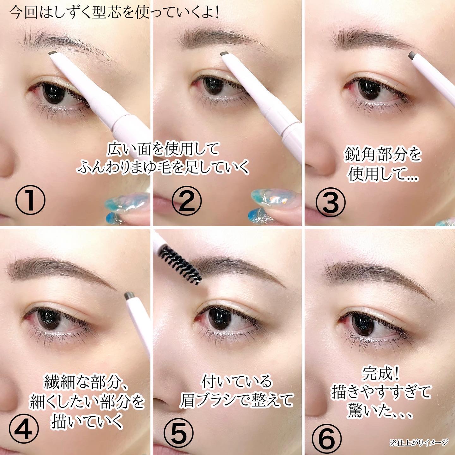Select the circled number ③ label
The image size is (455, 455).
click(x=331, y=202)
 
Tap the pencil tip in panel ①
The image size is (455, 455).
click(x=53, y=53)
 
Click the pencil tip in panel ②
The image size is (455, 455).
click(x=224, y=54)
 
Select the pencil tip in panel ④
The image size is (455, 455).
click(x=130, y=295)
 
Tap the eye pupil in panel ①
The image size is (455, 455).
click(x=54, y=93)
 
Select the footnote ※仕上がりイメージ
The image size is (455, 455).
click(x=418, y=442)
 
